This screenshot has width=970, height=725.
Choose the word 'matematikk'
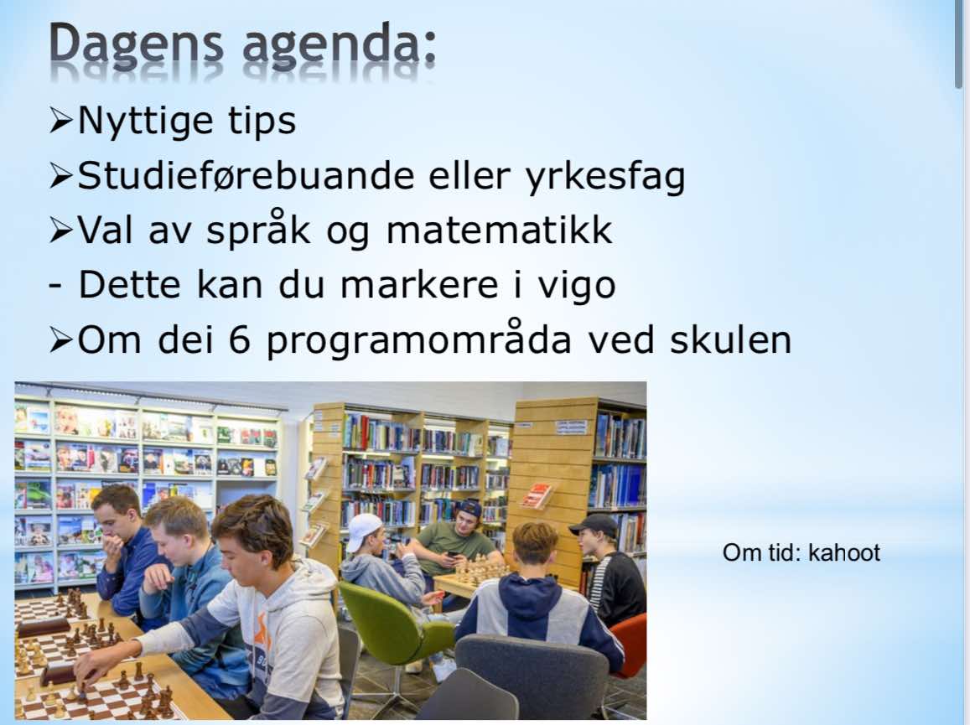[499, 230]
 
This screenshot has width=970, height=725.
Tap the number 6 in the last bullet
[240, 339]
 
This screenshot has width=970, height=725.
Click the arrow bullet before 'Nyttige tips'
[61, 121]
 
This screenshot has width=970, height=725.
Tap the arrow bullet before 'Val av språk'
[61, 230]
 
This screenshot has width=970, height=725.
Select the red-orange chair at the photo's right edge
[630, 645]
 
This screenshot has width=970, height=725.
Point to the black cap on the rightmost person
[594, 526]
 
